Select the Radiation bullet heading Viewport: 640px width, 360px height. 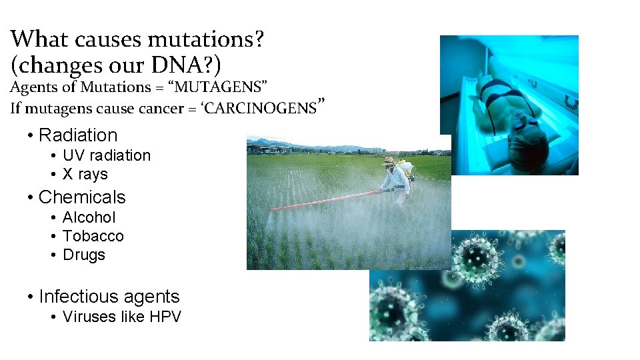tap(78, 135)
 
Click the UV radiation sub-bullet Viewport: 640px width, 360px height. tap(107, 155)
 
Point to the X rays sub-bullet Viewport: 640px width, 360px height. tap(85, 174)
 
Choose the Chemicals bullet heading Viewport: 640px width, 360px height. tap(82, 197)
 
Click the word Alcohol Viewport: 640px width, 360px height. tap(89, 217)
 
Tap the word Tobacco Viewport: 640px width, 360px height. tap(93, 236)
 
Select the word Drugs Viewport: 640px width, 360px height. tap(83, 255)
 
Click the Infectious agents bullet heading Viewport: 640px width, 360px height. tap(109, 297)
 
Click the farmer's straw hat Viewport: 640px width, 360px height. tap(389, 161)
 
